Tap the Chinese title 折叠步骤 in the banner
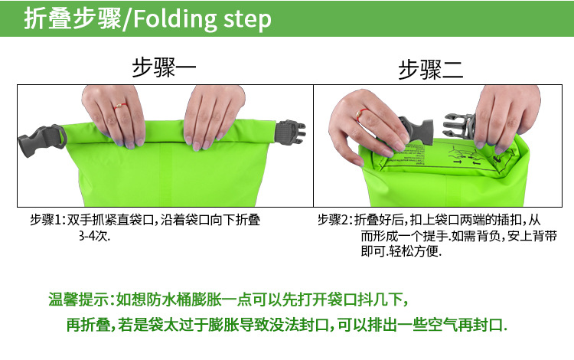(73, 18)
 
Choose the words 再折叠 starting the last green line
(89, 325)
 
